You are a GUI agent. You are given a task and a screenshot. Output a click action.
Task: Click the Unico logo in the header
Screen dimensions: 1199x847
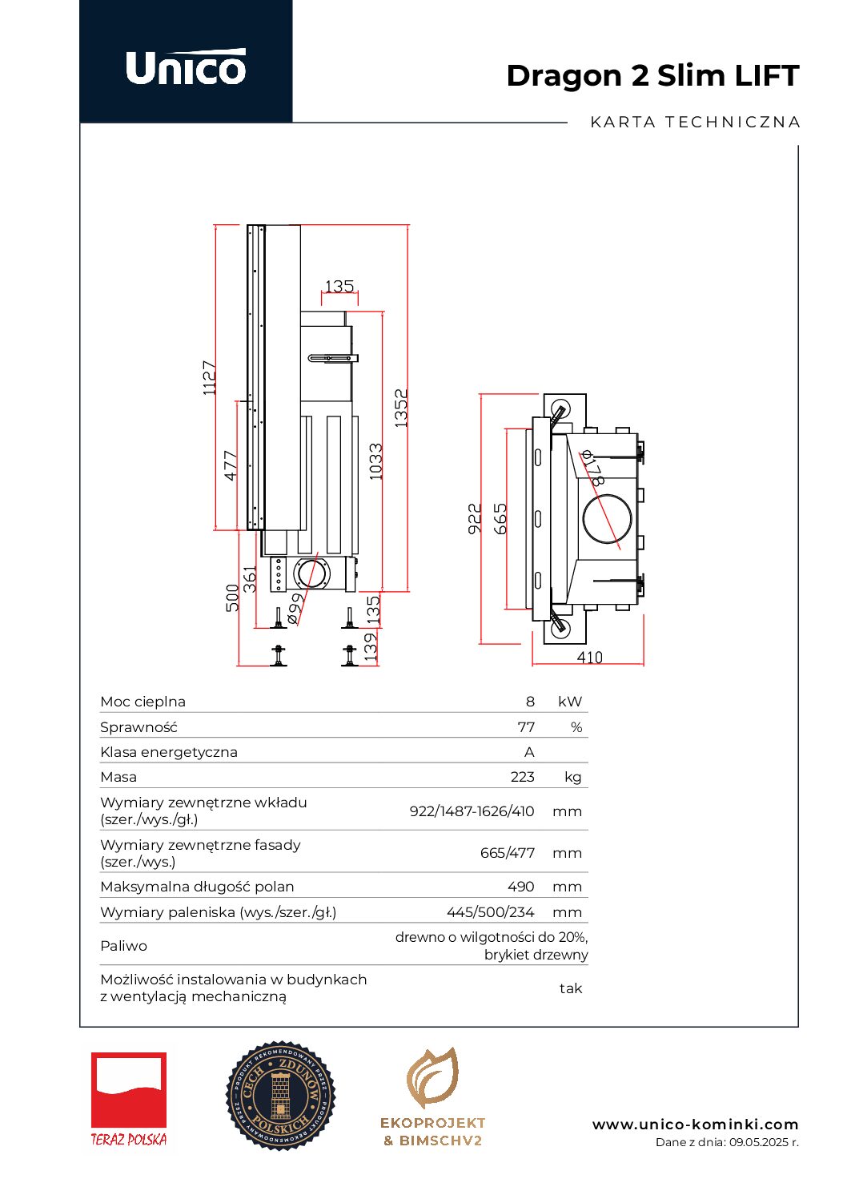(x=186, y=67)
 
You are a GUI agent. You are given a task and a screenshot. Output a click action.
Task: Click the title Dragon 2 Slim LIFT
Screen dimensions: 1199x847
(x=652, y=76)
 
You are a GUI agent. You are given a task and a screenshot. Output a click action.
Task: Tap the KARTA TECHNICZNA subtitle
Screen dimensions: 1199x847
(x=695, y=123)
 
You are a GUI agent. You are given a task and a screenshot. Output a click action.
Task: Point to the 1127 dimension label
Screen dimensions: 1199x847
(x=210, y=377)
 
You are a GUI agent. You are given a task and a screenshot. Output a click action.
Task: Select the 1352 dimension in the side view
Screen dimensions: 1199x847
(x=401, y=408)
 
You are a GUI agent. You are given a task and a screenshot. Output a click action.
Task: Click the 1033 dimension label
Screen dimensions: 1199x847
(x=375, y=462)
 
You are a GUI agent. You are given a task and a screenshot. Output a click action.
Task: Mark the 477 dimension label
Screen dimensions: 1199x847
(x=231, y=465)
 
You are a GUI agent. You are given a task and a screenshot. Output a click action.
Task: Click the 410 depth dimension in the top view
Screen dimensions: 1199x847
(x=589, y=658)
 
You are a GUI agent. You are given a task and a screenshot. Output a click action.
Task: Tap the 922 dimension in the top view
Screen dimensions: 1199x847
(x=475, y=519)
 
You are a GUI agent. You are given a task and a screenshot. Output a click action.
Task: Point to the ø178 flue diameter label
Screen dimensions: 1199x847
(x=592, y=469)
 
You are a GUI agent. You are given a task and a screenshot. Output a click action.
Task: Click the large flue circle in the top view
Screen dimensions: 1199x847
(x=607, y=518)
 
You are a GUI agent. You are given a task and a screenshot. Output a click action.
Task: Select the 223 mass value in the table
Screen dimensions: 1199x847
(x=522, y=777)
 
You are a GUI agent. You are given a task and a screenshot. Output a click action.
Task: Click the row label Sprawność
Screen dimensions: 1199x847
(x=138, y=727)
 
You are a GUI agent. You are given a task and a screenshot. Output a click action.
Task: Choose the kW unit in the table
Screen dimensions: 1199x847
(x=570, y=702)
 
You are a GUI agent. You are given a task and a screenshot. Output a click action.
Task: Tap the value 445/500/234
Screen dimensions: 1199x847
(x=490, y=912)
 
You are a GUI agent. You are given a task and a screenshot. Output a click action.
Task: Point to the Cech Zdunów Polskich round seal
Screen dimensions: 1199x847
(x=280, y=1096)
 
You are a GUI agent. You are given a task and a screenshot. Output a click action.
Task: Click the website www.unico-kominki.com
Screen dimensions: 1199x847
(x=695, y=1125)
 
